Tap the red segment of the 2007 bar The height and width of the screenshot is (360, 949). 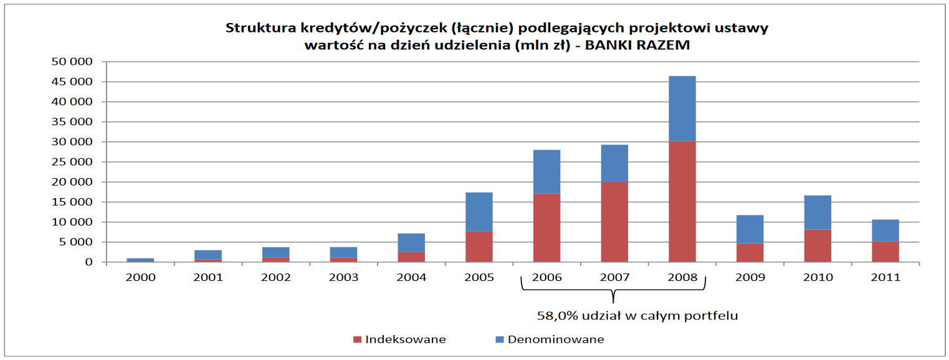[614, 222]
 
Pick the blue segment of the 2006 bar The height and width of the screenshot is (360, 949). [546, 171]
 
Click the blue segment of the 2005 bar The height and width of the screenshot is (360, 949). [479, 212]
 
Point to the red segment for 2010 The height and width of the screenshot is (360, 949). [818, 245]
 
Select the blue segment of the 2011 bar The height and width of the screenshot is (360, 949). [885, 230]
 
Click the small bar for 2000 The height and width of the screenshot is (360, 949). [140, 260]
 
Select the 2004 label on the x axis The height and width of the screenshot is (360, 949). [411, 277]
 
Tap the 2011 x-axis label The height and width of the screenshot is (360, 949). [885, 277]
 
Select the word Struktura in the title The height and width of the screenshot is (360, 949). [255, 28]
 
